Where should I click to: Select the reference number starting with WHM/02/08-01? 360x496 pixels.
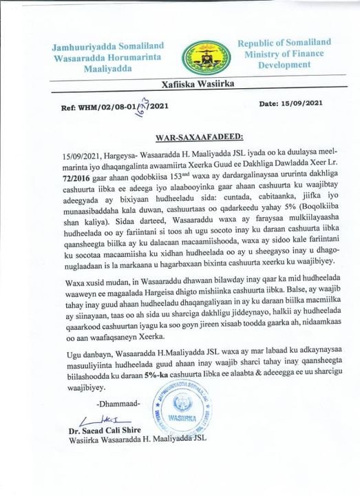point(114,107)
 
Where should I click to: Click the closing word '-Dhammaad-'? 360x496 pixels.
point(101,402)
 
